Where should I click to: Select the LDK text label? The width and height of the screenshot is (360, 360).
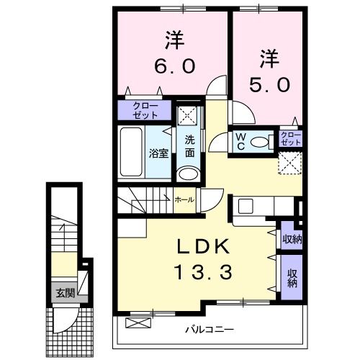204,247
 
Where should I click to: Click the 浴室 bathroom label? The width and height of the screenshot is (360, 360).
158,153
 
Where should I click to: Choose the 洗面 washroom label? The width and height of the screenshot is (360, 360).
189,146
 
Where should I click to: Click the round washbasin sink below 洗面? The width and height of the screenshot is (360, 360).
189,174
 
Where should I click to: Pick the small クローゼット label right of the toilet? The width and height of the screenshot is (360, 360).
291,138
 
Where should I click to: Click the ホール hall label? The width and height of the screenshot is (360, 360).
184,199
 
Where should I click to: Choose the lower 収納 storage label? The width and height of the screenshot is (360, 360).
292,278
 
